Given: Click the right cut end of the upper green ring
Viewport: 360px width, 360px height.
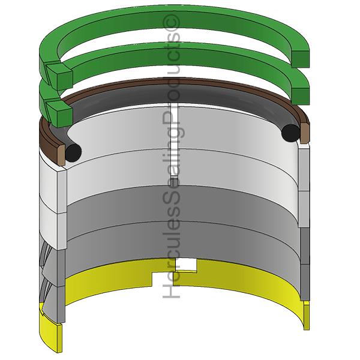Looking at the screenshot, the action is click(301, 59).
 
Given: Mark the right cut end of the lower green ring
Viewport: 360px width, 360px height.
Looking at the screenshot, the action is click(301, 96).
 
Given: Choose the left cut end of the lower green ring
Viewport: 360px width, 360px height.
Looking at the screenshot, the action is click(60, 114).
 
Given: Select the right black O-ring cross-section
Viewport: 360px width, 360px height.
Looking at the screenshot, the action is click(290, 133).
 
